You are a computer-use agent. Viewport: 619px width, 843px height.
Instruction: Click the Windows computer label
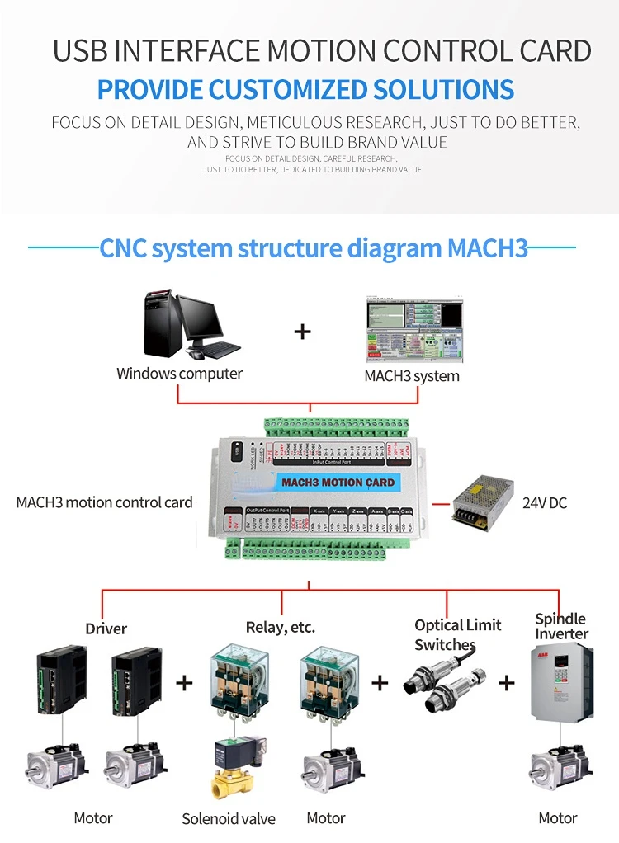pyautogui.click(x=179, y=374)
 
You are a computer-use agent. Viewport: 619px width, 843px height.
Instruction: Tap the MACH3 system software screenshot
pyautogui.click(x=414, y=331)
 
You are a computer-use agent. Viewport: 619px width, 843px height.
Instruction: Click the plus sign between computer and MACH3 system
pyautogui.click(x=303, y=332)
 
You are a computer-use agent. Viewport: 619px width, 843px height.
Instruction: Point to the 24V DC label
pyautogui.click(x=545, y=502)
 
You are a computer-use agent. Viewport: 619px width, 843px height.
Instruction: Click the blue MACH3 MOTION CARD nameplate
pyautogui.click(x=338, y=482)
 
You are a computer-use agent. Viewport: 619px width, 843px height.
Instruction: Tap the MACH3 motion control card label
pyautogui.click(x=104, y=502)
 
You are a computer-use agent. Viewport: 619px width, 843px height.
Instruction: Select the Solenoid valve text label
pyautogui.click(x=229, y=819)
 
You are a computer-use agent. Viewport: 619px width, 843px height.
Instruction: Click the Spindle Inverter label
pyautogui.click(x=561, y=626)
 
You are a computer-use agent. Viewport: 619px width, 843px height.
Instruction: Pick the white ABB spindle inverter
pyautogui.click(x=560, y=683)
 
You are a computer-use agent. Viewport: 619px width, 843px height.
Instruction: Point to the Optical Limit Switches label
pyautogui.click(x=457, y=634)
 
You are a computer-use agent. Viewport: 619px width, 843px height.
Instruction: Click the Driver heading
pyautogui.click(x=106, y=629)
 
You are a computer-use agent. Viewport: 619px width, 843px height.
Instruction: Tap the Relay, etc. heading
pyautogui.click(x=281, y=628)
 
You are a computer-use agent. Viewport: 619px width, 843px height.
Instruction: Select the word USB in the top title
pyautogui.click(x=81, y=51)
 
